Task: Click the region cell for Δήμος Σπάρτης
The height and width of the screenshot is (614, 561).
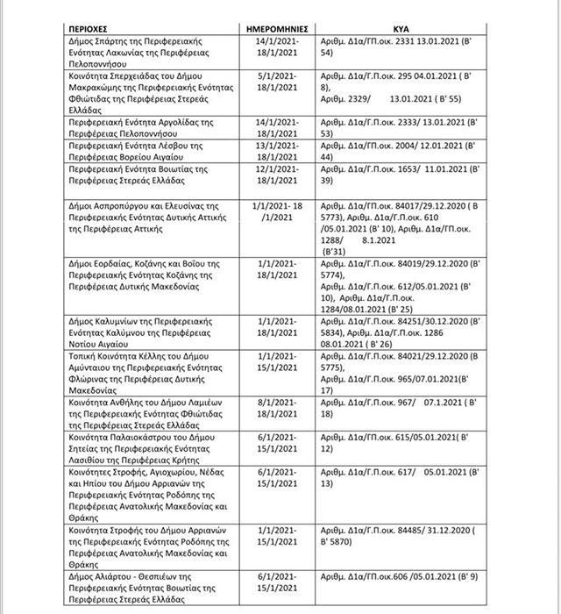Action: coord(149,53)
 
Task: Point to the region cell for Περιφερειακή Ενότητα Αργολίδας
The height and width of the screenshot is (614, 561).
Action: coord(149,127)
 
